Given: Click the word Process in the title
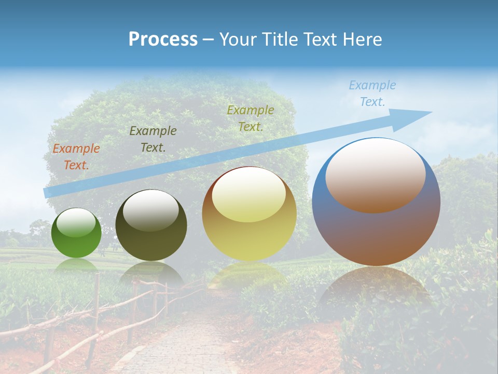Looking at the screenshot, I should (163, 39).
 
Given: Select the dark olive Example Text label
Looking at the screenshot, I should (153, 139).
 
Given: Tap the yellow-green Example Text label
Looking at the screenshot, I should (251, 118).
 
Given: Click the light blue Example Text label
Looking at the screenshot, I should (372, 93).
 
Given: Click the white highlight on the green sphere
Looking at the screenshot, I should (76, 222).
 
